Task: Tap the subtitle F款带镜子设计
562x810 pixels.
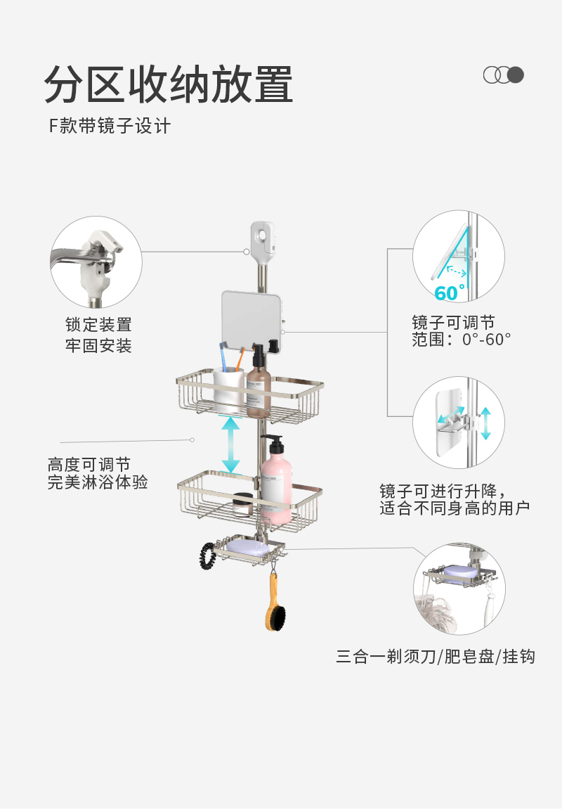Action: pyautogui.click(x=109, y=127)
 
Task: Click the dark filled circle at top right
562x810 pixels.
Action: pyautogui.click(x=516, y=75)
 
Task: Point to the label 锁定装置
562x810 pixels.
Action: pyautogui.click(x=98, y=325)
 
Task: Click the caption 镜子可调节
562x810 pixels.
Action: pyautogui.click(x=453, y=323)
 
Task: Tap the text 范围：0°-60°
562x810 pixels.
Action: pyautogui.click(x=462, y=340)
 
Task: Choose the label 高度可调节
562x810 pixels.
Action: pyautogui.click(x=89, y=465)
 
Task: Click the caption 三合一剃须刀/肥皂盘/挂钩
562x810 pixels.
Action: pyautogui.click(x=436, y=657)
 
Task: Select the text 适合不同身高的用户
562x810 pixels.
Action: pyautogui.click(x=455, y=508)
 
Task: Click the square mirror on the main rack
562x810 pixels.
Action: pyautogui.click(x=250, y=320)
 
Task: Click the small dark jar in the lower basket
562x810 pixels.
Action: pyautogui.click(x=243, y=504)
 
